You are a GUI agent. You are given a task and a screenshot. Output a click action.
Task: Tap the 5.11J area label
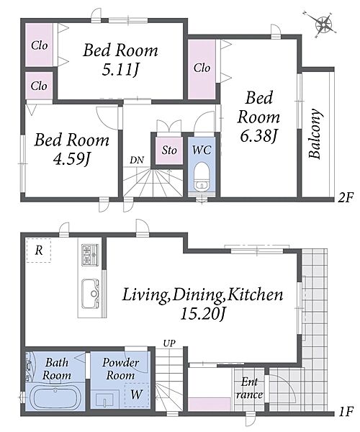tap(120, 70)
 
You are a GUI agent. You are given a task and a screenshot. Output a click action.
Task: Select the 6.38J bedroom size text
tap(258, 135)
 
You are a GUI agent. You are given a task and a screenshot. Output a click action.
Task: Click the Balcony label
tap(315, 134)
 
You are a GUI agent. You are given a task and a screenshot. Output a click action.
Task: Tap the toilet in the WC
tap(201, 176)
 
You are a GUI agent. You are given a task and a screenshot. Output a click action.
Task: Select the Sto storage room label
tap(169, 150)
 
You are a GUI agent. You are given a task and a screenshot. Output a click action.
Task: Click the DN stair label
tap(137, 160)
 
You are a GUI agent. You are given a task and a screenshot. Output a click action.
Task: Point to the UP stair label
tap(169, 343)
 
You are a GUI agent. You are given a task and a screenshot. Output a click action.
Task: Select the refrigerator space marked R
tap(39, 251)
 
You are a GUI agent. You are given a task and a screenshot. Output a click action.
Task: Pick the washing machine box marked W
tap(137, 395)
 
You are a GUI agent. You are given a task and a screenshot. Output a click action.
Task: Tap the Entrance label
tap(250, 389)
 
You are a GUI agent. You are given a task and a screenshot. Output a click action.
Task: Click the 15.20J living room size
tap(203, 313)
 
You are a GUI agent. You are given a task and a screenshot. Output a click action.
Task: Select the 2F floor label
tap(346, 197)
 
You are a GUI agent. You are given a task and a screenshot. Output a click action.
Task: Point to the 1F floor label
tap(346, 412)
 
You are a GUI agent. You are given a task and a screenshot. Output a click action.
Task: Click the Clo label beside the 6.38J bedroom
tap(202, 68)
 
